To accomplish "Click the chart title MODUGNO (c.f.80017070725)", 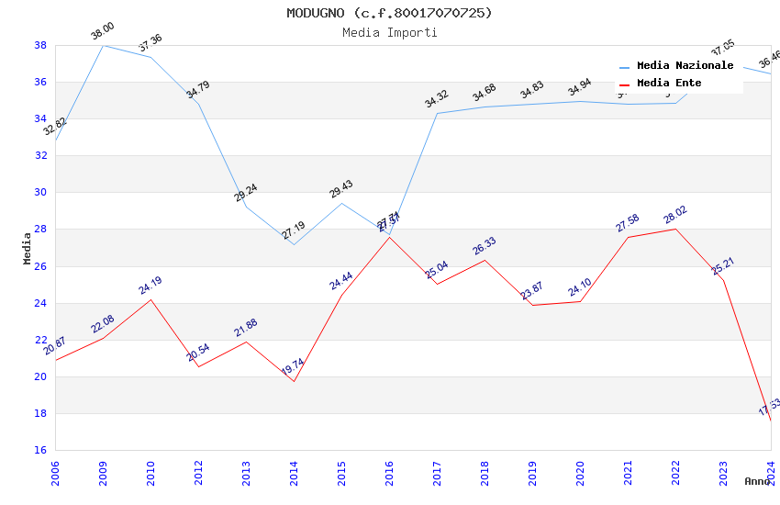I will pyautogui.click(x=389, y=13).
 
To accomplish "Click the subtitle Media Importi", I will pyautogui.click(x=389, y=32).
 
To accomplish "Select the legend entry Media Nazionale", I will pyautogui.click(x=685, y=66).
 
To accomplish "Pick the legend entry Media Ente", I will pyautogui.click(x=669, y=84).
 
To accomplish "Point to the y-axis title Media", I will pyautogui.click(x=28, y=248).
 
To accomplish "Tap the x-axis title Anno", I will pyautogui.click(x=757, y=481).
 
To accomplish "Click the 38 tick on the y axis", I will pyautogui.click(x=40, y=45).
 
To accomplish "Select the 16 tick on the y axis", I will pyautogui.click(x=40, y=450).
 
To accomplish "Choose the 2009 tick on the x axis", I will pyautogui.click(x=103, y=472).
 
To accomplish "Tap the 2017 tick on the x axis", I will pyautogui.click(x=437, y=472).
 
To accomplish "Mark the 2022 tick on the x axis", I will pyautogui.click(x=675, y=472).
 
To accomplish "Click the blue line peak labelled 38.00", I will pyautogui.click(x=103, y=45).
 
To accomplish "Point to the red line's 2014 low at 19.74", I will pyautogui.click(x=294, y=381).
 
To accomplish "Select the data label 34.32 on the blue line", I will pyautogui.click(x=437, y=98).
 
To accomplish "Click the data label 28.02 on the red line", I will pyautogui.click(x=675, y=215).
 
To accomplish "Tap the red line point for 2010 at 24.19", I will pyautogui.click(x=150, y=299).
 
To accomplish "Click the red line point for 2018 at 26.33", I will pyautogui.click(x=485, y=260).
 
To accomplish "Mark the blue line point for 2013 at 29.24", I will pyautogui.click(x=246, y=207).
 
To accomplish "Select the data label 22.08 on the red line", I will pyautogui.click(x=103, y=324).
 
